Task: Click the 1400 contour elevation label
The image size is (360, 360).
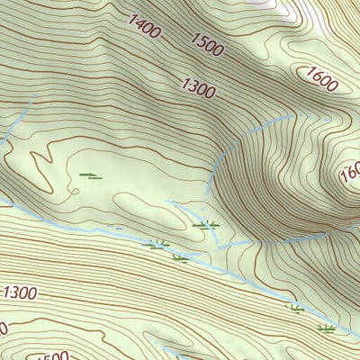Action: [x=144, y=27]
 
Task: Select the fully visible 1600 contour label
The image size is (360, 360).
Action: [x=321, y=79]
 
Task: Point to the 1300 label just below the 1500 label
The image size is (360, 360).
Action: [x=199, y=86]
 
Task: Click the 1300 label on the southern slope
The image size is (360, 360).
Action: [x=20, y=292]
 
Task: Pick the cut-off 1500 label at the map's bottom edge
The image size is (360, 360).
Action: [x=49, y=355]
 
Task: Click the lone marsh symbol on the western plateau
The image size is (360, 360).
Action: [x=91, y=175]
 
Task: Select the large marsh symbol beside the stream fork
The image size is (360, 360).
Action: [x=207, y=224]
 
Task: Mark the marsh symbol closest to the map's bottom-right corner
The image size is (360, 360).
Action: [x=326, y=328]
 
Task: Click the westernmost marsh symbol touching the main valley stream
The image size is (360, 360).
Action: [x=156, y=243]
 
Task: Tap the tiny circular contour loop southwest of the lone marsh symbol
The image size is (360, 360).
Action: [x=70, y=191]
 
